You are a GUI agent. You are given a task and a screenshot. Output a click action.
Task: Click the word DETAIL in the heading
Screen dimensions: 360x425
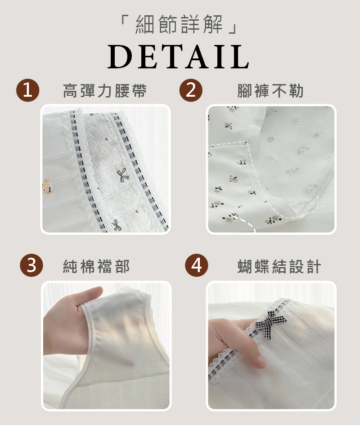178,57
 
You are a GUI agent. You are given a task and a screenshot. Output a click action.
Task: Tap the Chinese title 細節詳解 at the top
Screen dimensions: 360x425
179,24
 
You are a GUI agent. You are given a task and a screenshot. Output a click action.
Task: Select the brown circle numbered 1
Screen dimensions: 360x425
27,90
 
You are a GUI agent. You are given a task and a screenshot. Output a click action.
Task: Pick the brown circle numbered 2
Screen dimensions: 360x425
191,90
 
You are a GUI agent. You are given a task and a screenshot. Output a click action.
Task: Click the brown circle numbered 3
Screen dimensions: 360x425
31,265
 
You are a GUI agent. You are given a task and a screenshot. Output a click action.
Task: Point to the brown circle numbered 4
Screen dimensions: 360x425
196,265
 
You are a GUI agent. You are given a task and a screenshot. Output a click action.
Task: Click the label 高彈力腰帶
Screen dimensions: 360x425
105,90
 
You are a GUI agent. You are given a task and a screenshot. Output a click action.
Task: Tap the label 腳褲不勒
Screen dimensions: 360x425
270,90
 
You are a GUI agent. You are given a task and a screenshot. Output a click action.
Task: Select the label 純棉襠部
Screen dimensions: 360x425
96,266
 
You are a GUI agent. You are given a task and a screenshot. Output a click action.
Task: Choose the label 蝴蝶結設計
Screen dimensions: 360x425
279,266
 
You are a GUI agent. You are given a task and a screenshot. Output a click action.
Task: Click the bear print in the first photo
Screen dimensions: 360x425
47,186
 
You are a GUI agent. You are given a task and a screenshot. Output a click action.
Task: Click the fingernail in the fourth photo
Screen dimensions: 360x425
261,362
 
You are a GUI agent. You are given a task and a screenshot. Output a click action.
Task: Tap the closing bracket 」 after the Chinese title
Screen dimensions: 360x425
234,29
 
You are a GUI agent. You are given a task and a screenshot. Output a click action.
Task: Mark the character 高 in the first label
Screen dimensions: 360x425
70,90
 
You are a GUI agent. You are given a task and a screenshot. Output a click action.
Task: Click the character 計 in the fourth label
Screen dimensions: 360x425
314,266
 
